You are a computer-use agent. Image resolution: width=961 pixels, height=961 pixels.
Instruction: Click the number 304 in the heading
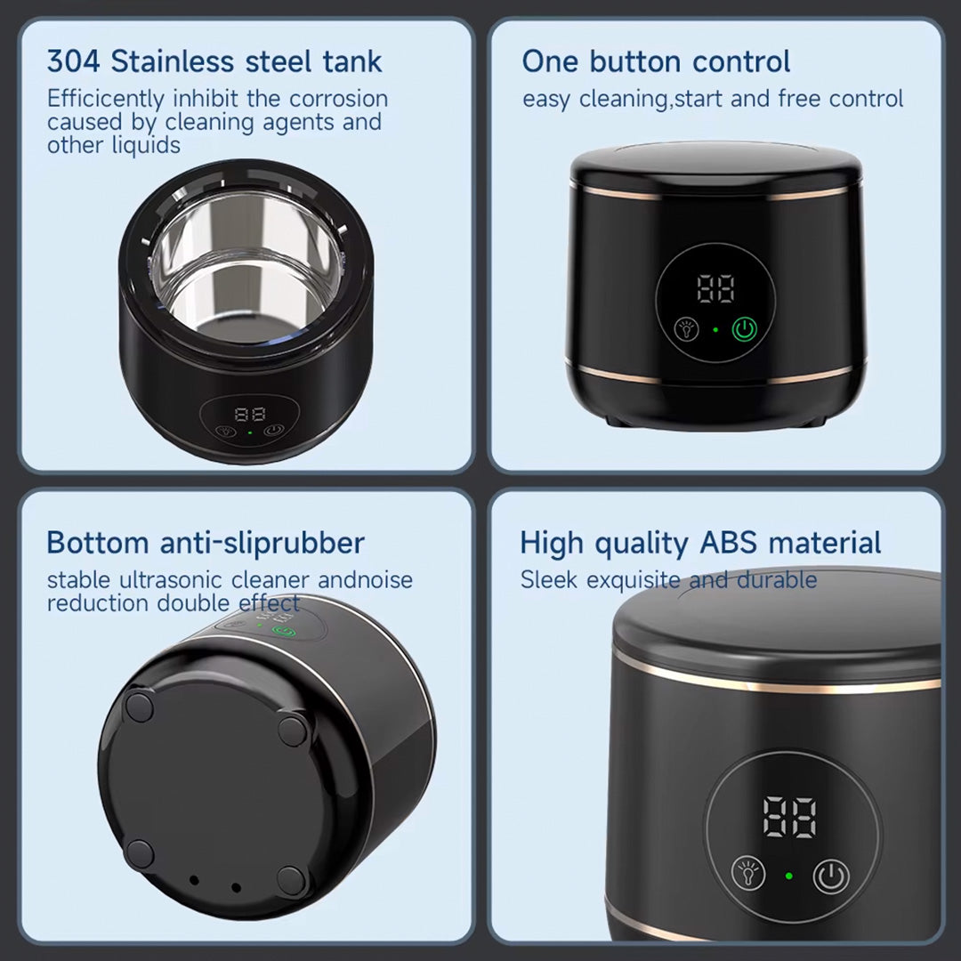pos(73,61)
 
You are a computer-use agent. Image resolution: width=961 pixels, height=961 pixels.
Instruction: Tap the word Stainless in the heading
pos(173,61)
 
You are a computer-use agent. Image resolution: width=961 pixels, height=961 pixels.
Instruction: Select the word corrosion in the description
pos(338,99)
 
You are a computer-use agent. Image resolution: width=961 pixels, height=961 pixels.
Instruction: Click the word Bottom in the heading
pos(98,543)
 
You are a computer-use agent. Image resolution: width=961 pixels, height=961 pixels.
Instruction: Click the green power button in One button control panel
pos(744,330)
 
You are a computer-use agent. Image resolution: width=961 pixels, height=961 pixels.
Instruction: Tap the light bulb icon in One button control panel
pos(686,330)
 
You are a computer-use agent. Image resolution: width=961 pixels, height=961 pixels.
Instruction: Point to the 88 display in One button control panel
pos(715,288)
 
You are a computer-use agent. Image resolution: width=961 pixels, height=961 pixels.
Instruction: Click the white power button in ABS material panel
pos(831,876)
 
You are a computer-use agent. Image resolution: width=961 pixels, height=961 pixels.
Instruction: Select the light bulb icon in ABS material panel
pos(748,874)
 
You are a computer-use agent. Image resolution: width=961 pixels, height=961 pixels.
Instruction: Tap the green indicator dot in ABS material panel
pos(788,876)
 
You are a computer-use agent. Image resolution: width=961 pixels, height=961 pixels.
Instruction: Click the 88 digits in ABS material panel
pos(789,818)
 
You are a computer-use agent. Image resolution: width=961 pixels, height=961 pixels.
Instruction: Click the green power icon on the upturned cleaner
pos(285,632)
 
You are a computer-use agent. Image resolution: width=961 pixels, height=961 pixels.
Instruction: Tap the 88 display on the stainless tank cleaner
pos(250,415)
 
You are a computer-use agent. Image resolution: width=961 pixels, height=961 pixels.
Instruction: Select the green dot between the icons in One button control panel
pos(715,330)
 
